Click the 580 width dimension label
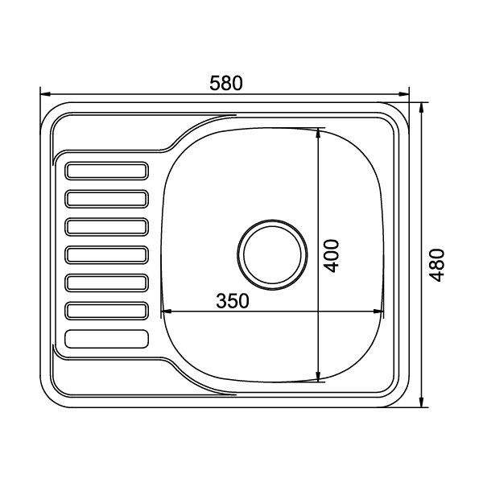[226, 83]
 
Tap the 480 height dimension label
[437, 265]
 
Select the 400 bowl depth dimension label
[332, 256]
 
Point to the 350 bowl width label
[233, 301]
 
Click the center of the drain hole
[272, 254]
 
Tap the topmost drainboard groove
[106, 171]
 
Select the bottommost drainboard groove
[106, 339]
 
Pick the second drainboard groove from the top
[106, 199]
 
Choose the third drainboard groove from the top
[106, 227]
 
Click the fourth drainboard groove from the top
[106, 254]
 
